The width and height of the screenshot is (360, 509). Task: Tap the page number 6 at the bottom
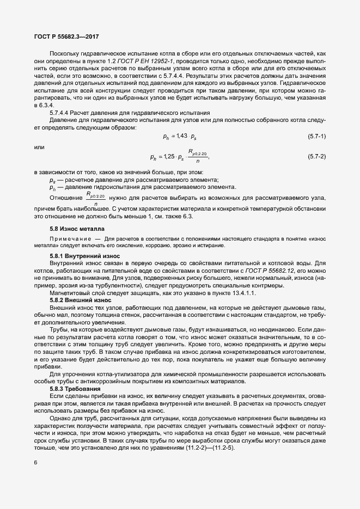click(35, 478)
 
